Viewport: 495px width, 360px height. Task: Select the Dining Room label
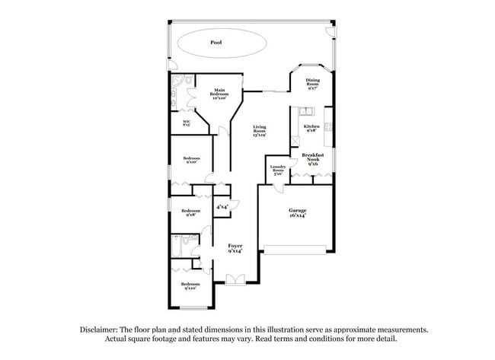click(x=313, y=84)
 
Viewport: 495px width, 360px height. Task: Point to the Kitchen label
click(x=311, y=128)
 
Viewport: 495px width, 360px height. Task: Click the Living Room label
click(x=260, y=132)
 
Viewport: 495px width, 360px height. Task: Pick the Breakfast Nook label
click(x=313, y=158)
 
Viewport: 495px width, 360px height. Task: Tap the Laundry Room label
click(x=277, y=170)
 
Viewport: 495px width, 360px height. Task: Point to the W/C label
click(x=186, y=123)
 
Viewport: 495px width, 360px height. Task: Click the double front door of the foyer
click(x=236, y=280)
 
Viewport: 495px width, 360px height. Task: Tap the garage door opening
click(x=296, y=247)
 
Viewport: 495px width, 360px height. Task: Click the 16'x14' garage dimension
click(x=296, y=216)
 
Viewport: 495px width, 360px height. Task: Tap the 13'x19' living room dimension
click(x=260, y=136)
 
